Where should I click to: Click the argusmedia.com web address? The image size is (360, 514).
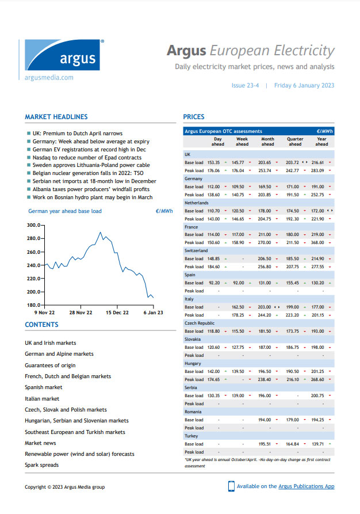pyautogui.click(x=49, y=77)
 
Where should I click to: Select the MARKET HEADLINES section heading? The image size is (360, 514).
pyautogui.click(x=56, y=117)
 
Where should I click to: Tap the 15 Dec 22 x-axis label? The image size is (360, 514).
pyautogui.click(x=117, y=313)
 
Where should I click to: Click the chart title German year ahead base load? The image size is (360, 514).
pyautogui.click(x=65, y=211)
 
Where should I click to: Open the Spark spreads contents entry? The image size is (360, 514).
pyautogui.click(x=41, y=464)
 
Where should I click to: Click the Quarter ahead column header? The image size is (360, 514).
pyautogui.click(x=295, y=142)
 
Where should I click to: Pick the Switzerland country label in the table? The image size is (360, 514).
pyautogui.click(x=197, y=251)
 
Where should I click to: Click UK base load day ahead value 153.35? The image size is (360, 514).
pyautogui.click(x=214, y=162)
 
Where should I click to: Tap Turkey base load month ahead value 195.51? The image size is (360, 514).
pyautogui.click(x=265, y=444)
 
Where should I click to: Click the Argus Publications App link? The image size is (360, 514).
pyautogui.click(x=306, y=486)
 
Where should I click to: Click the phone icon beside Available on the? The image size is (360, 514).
pyautogui.click(x=231, y=486)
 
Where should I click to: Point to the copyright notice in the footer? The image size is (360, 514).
pyautogui.click(x=64, y=487)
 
